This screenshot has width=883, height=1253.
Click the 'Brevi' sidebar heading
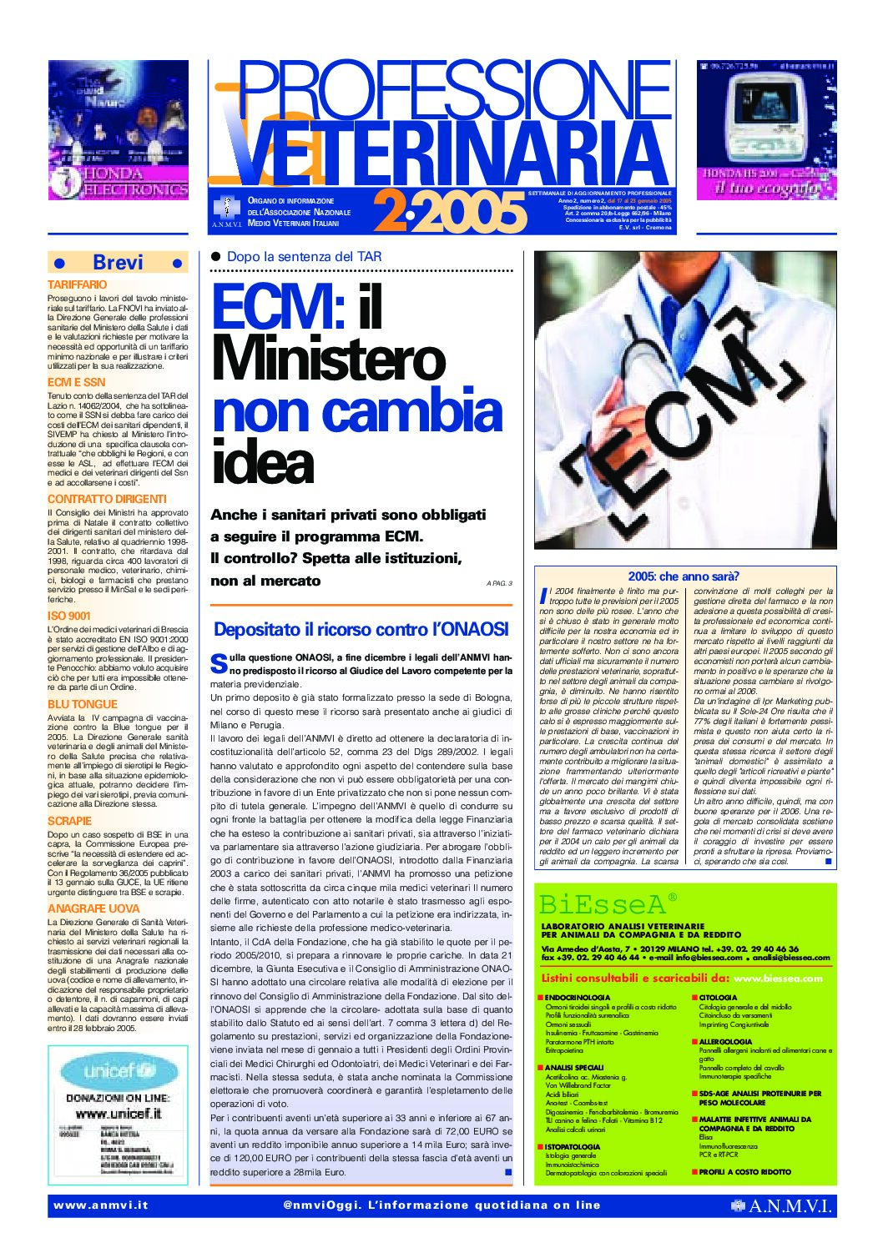[x=118, y=262]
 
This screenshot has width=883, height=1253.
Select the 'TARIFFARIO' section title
[x=78, y=284]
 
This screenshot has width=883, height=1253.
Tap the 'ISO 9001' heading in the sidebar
[x=69, y=616]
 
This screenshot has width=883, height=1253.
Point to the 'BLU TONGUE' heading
[x=83, y=704]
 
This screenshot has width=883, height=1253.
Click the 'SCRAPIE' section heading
[x=69, y=821]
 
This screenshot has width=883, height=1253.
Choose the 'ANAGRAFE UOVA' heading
[x=93, y=908]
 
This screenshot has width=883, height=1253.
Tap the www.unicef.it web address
[x=118, y=1113]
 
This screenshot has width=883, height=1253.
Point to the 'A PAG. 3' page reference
[x=498, y=583]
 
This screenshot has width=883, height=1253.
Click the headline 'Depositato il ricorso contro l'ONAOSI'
[x=361, y=629]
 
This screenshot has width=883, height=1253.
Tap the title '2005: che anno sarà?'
[x=684, y=576]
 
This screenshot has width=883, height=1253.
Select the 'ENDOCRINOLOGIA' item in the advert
[x=577, y=997]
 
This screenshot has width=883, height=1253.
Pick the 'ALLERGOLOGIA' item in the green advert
[x=725, y=1041]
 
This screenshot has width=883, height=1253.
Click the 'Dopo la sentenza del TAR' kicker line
[x=304, y=257]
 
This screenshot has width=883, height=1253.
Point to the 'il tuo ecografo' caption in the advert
[x=766, y=188]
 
